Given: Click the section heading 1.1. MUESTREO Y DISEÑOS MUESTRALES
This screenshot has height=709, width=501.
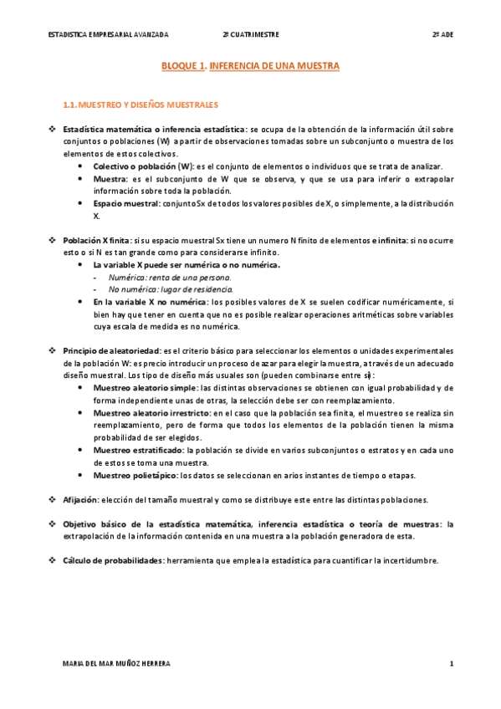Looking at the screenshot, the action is pos(141,105).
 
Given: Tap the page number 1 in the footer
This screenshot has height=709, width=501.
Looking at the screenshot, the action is pos(451,664).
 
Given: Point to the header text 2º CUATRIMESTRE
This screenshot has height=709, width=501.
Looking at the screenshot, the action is pos(250,35).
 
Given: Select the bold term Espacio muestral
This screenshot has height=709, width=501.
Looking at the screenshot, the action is pos(126,203).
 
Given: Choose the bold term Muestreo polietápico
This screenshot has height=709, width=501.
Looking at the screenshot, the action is pos(136,476).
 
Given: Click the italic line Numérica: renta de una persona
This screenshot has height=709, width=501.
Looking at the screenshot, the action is pos(170,277).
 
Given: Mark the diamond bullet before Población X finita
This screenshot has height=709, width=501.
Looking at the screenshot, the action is pos(52,240).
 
